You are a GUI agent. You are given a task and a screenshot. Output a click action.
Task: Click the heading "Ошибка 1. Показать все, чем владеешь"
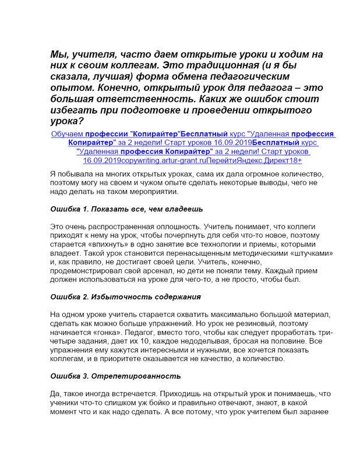pyautogui.click(x=126, y=209)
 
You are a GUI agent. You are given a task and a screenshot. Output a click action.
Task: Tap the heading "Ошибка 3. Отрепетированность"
pyautogui.click(x=115, y=376)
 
